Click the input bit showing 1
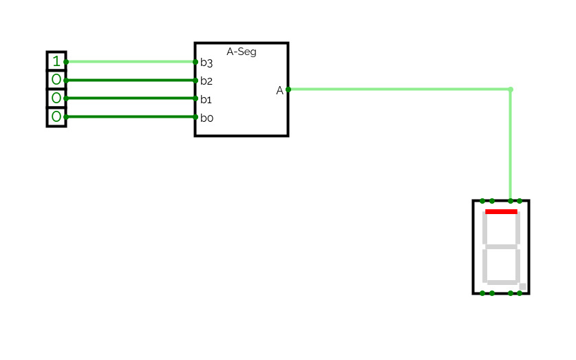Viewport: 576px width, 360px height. (56, 62)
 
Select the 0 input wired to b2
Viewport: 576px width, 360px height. (56, 80)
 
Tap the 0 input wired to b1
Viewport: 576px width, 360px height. (56, 98)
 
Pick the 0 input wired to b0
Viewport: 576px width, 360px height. (56, 117)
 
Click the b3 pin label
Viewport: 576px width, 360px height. (206, 63)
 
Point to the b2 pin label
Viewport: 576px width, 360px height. (206, 81)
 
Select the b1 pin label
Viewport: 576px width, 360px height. (206, 99)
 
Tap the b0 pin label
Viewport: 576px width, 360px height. (206, 118)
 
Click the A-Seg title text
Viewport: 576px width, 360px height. (242, 52)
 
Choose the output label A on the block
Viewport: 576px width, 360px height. (280, 90)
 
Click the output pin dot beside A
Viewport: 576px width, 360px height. (288, 89)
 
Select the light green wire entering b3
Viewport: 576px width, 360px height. (131, 62)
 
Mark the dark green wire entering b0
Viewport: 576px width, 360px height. (131, 117)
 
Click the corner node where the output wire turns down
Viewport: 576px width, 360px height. (510, 89)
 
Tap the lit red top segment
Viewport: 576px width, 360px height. (501, 212)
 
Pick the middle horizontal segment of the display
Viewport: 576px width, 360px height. (501, 246)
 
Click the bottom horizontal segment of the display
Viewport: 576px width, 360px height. (501, 282)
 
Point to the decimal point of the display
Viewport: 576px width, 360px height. (523, 286)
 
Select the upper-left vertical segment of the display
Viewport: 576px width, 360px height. (485, 229)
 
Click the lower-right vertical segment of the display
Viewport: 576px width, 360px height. (518, 264)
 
